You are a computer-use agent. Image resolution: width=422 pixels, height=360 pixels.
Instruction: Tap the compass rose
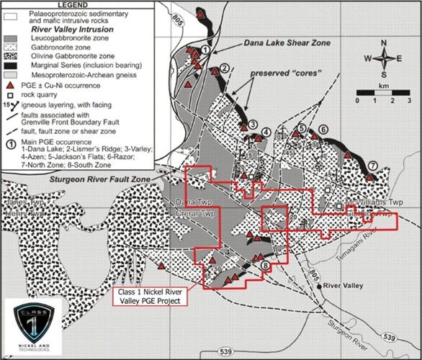386,58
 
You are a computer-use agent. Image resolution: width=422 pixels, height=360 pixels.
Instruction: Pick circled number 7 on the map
372,166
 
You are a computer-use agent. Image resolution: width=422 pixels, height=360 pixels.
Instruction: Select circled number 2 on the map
225,68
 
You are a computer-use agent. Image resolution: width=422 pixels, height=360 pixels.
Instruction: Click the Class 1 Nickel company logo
36,327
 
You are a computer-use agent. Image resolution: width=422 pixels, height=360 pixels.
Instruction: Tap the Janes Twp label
17,204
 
